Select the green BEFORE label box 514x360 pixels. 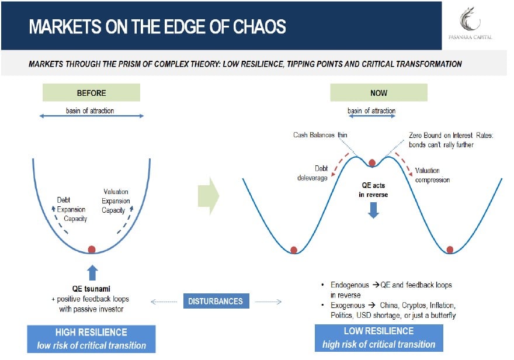[91, 92]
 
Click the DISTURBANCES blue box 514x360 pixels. [216, 302]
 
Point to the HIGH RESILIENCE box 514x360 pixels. [91, 338]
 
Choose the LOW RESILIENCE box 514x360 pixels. [378, 338]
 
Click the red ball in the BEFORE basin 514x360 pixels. [92, 250]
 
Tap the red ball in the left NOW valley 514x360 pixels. [294, 250]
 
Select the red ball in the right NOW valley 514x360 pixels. [450, 250]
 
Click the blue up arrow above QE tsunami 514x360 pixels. [92, 272]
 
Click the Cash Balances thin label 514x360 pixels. [320, 135]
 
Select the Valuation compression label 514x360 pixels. [433, 175]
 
